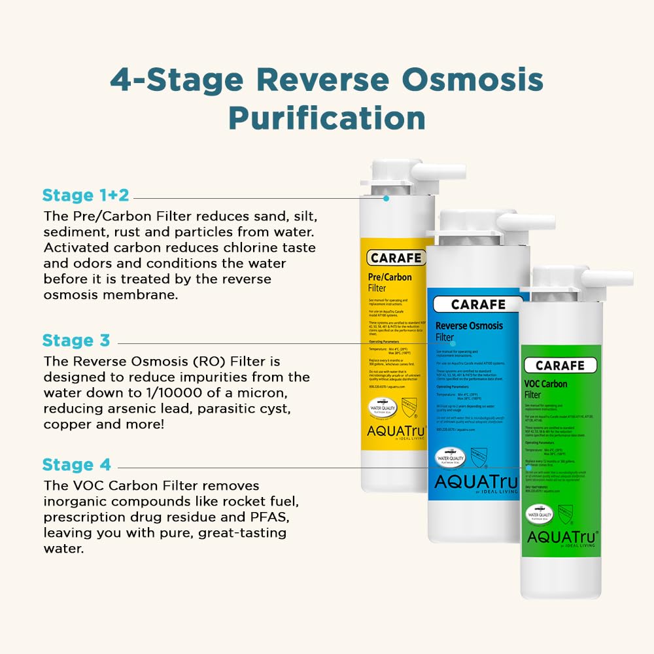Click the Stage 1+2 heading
coord(86,195)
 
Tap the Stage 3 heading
coord(77,340)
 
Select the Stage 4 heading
coord(77,465)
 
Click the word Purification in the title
coord(326,118)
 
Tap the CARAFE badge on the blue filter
coord(478,305)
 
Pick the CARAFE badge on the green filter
coord(560,366)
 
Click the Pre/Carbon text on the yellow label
coord(391,277)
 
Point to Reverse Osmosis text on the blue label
coord(469,326)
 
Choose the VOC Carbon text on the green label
coord(545,384)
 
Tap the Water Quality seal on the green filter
coord(540,515)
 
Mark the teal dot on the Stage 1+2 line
coord(387,198)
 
